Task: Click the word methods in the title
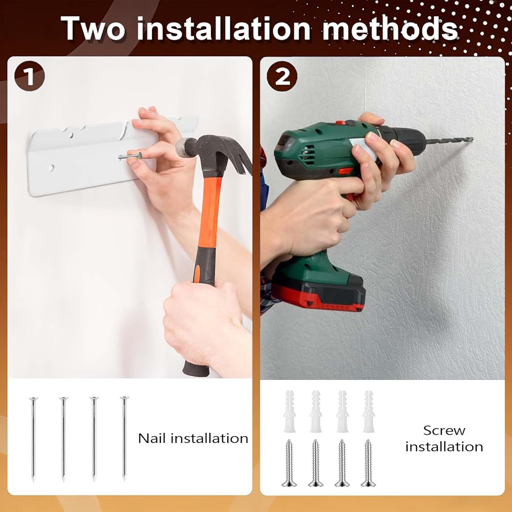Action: click(390, 28)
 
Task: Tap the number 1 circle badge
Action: click(29, 76)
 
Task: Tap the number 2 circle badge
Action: click(282, 76)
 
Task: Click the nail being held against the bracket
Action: click(130, 156)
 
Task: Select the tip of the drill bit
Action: click(472, 139)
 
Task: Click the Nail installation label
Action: click(193, 438)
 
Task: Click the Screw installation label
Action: click(444, 439)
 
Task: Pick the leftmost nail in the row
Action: click(33, 439)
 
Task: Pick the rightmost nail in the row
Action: click(124, 438)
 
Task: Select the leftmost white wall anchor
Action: click(290, 411)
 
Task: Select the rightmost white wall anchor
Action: click(369, 411)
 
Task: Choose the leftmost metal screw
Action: click(289, 463)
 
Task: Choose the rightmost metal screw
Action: click(368, 463)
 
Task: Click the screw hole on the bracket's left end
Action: click(51, 168)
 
